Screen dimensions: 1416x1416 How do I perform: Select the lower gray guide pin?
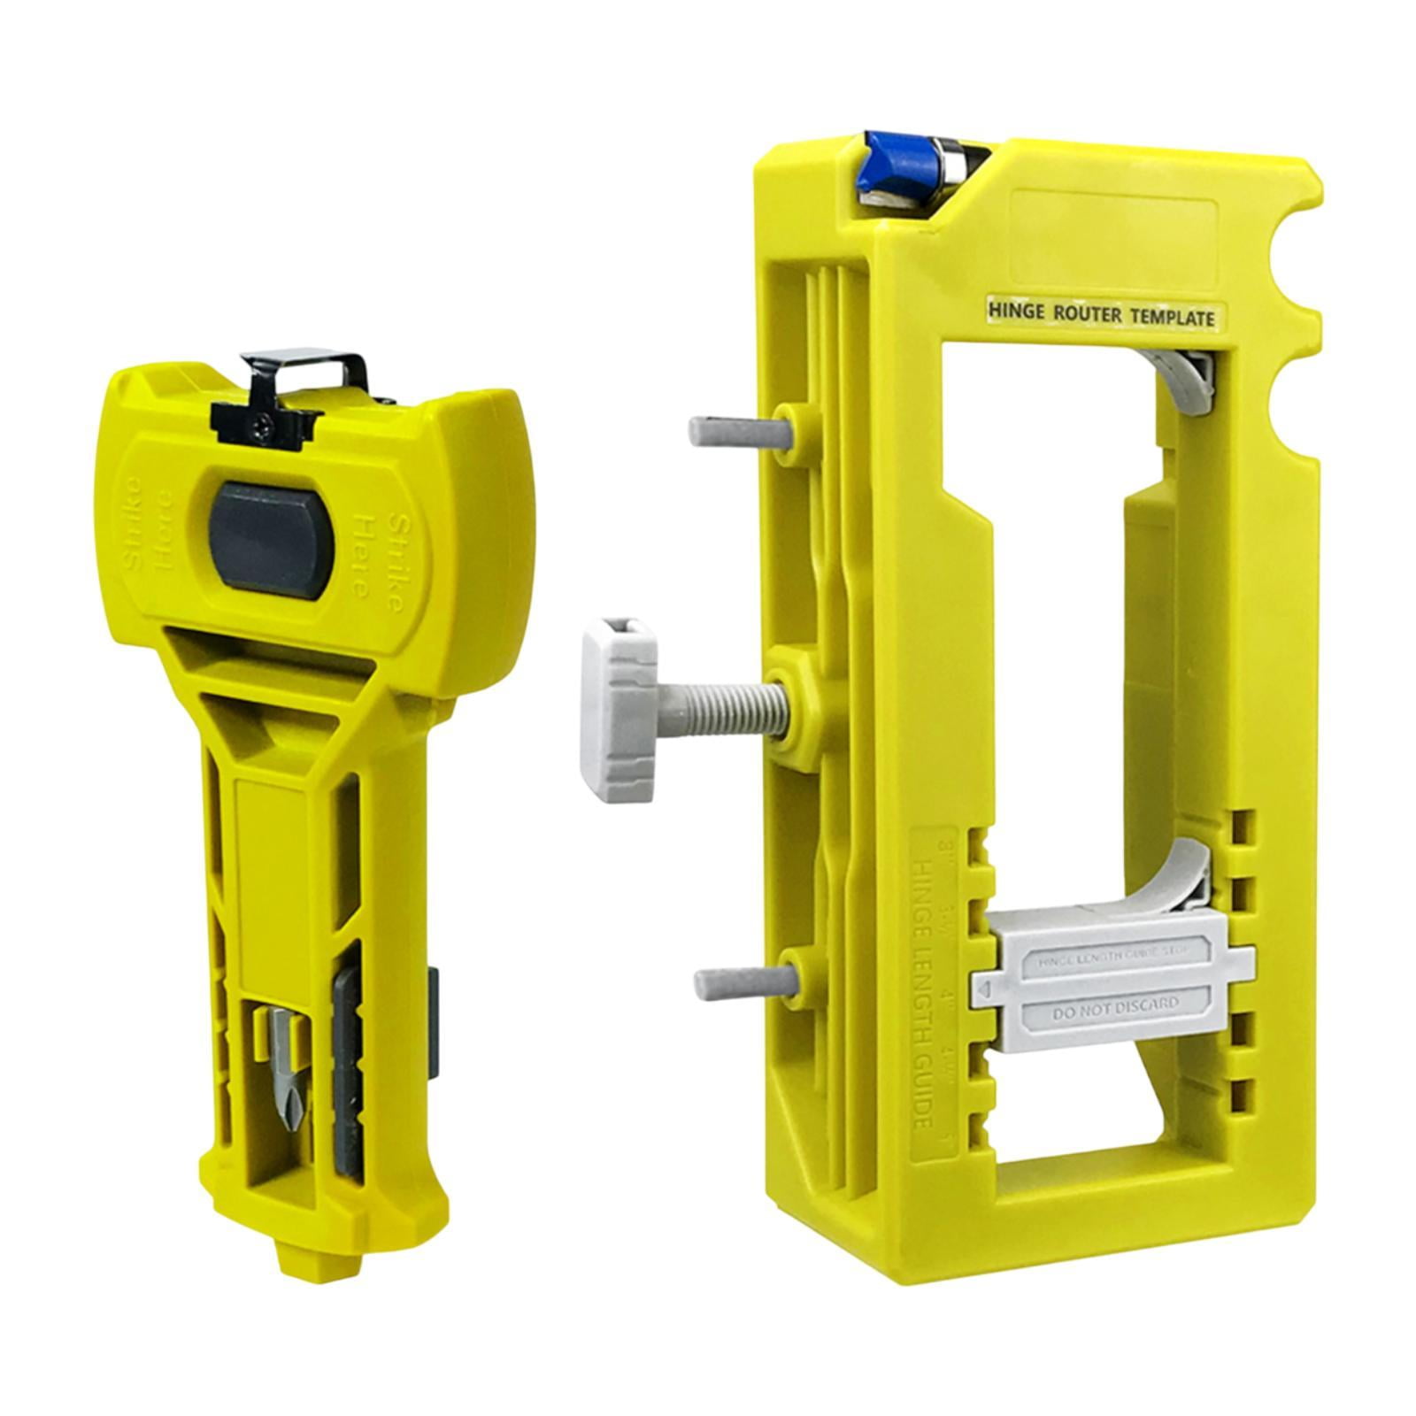[x=739, y=982]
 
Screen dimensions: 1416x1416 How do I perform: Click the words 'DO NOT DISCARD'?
[x=1115, y=1006]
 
